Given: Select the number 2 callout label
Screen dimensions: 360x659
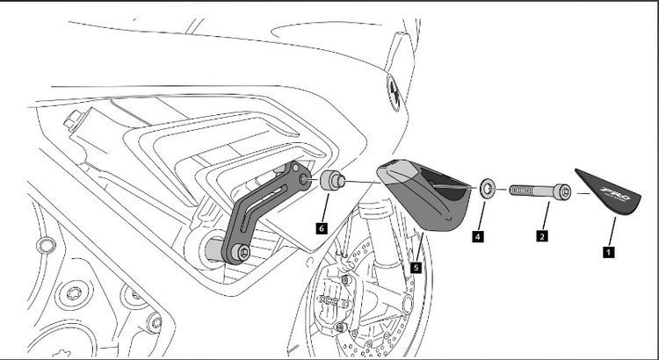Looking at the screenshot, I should click(x=543, y=234).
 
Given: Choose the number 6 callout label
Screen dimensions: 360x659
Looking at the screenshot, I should click(x=322, y=227).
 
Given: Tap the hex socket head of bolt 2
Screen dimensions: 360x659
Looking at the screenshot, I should click(x=562, y=190).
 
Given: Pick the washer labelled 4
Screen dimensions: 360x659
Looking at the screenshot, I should click(x=487, y=187).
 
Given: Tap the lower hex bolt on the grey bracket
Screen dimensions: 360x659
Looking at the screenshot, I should click(x=243, y=254).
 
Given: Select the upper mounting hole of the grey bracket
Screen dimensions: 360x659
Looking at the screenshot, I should click(x=304, y=179).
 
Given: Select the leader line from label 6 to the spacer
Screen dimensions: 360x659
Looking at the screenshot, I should click(x=325, y=209).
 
